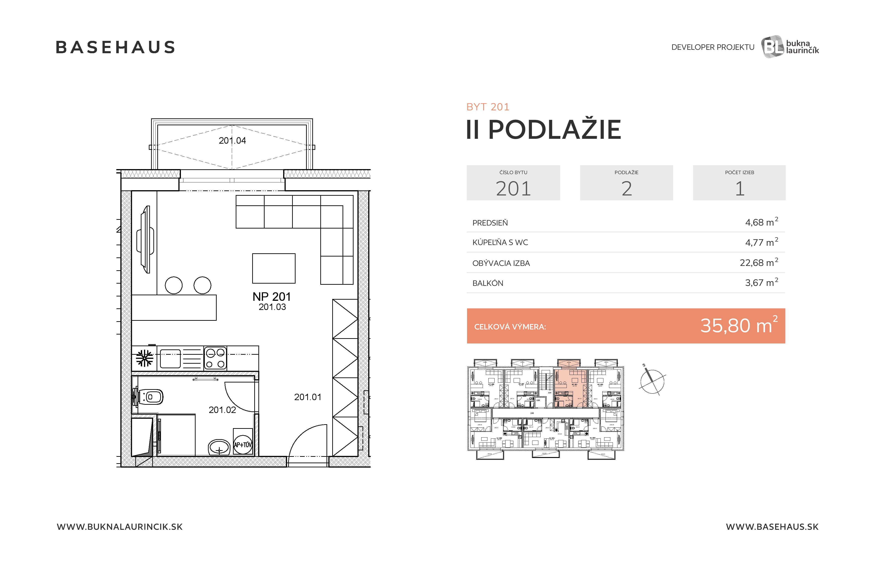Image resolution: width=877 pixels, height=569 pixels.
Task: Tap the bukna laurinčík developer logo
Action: (790, 47)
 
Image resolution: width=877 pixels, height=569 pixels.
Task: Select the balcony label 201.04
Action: (232, 140)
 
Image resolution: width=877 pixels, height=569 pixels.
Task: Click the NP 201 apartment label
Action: (271, 297)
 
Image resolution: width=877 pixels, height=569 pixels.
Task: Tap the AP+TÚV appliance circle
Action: (243, 445)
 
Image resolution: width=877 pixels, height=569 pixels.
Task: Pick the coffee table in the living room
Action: (273, 268)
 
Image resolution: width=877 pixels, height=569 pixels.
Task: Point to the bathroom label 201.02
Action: (222, 410)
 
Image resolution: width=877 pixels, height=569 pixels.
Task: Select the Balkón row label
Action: (487, 283)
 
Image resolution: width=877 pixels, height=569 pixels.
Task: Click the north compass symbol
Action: (651, 381)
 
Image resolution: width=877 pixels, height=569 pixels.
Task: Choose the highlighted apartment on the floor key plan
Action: (569, 387)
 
